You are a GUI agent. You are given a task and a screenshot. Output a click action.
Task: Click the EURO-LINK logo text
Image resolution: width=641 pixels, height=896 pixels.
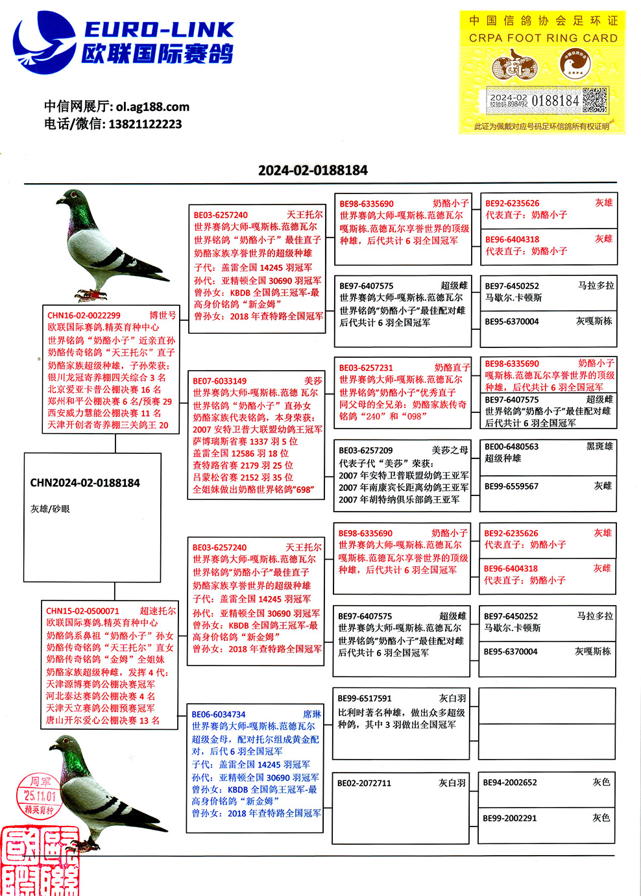pos(159,30)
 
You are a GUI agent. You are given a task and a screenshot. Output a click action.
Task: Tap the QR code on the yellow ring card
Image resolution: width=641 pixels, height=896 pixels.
pos(594,101)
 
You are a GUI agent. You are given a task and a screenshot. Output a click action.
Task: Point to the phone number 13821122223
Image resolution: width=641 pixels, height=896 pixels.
pos(145,124)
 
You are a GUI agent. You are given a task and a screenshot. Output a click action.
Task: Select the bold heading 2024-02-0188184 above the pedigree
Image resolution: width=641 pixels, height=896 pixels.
pos(313,170)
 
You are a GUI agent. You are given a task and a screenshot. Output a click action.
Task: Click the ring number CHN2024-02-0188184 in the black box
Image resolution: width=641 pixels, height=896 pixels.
pos(85,483)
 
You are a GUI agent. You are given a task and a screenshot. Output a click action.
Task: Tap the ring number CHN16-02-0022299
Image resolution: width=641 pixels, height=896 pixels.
pos(84,316)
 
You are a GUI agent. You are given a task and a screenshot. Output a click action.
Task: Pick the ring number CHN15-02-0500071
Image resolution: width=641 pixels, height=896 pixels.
pos(82,611)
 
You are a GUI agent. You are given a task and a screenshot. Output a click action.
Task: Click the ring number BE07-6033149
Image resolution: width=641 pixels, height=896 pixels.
pos(219,381)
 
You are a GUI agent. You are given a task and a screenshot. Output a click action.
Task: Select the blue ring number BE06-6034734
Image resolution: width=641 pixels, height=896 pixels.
pos(219,714)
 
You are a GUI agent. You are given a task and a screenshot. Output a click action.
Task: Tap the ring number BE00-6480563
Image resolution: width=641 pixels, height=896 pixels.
pos(511,447)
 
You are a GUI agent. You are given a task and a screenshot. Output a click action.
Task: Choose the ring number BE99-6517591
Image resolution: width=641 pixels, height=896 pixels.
pos(365,699)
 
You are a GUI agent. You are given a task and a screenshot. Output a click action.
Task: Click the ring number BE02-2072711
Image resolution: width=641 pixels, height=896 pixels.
pos(364,783)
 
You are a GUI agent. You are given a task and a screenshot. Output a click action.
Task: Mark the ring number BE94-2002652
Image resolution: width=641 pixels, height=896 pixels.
pos(510,782)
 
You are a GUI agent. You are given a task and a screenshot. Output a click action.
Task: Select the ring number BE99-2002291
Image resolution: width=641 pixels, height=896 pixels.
pos(510,818)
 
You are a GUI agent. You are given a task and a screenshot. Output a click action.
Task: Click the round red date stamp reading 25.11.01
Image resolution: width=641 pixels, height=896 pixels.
pos(40,795)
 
